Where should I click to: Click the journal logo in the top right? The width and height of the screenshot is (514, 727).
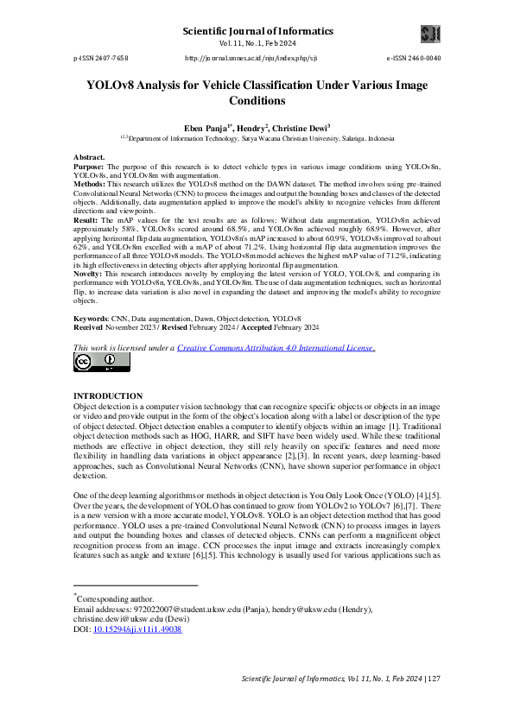[430, 35]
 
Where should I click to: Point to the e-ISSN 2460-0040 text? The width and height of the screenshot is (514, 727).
[413, 58]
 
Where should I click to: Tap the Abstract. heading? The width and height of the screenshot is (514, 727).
[90, 158]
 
